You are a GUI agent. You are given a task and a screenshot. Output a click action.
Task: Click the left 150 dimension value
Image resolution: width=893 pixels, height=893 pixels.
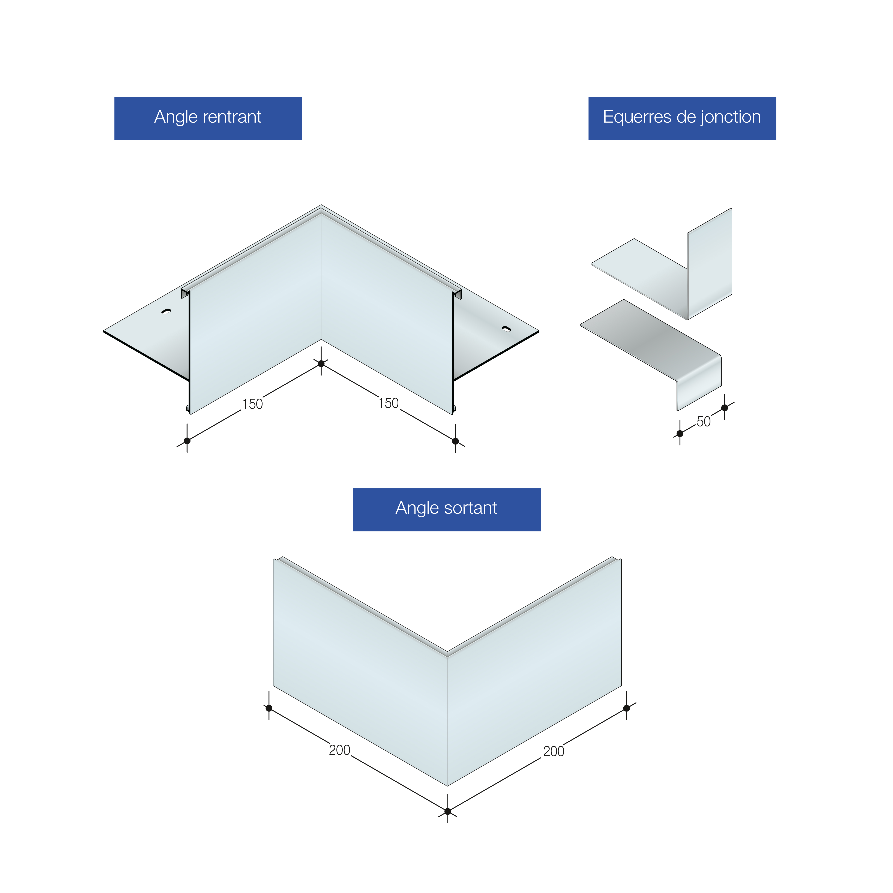point(252,404)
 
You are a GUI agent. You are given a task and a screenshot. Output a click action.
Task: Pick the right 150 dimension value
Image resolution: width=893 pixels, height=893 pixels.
point(388,403)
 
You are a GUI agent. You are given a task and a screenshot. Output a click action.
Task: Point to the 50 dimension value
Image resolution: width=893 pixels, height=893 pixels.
point(704,422)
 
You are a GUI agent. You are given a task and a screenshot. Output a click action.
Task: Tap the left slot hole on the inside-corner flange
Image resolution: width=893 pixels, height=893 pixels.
point(166,312)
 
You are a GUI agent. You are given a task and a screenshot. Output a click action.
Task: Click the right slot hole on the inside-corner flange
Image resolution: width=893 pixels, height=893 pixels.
point(507,329)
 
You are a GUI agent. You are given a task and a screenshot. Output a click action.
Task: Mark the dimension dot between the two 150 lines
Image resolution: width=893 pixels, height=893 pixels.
point(321,364)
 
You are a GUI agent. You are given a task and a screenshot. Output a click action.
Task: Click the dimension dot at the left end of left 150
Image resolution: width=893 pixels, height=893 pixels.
point(187,441)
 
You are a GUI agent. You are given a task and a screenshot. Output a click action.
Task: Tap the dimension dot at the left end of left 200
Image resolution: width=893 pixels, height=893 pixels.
point(269,708)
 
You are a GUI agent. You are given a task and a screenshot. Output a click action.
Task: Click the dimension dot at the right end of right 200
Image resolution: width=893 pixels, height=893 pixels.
point(626,708)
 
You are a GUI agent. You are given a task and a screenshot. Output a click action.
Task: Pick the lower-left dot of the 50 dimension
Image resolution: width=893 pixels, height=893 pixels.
point(680,434)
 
